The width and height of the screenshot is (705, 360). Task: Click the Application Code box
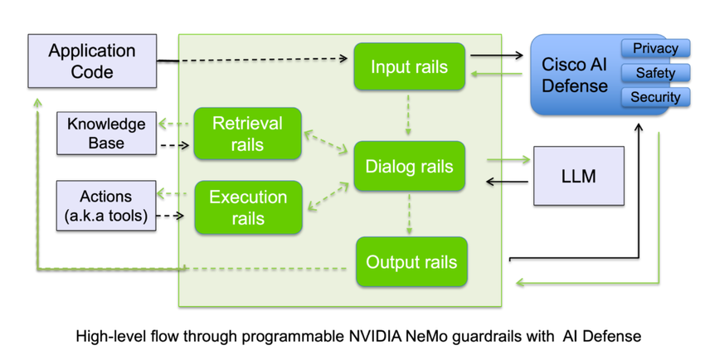92,61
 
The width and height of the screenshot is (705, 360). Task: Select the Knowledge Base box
106,134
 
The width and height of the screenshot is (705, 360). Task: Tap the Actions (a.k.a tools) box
106,206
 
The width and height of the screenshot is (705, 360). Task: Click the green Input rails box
409,67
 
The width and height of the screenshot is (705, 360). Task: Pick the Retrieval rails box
247,134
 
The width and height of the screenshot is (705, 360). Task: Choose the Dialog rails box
409,167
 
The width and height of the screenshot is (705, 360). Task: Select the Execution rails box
247,207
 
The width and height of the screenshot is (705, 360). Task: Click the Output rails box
411,262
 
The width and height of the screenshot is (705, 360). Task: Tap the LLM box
578,176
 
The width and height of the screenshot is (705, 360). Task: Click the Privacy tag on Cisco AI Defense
655,49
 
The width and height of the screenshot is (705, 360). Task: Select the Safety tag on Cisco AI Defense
655,73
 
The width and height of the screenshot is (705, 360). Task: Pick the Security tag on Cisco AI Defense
655,97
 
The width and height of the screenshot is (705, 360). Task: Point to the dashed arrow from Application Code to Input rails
257,60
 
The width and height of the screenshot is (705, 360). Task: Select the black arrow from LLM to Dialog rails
508,181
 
